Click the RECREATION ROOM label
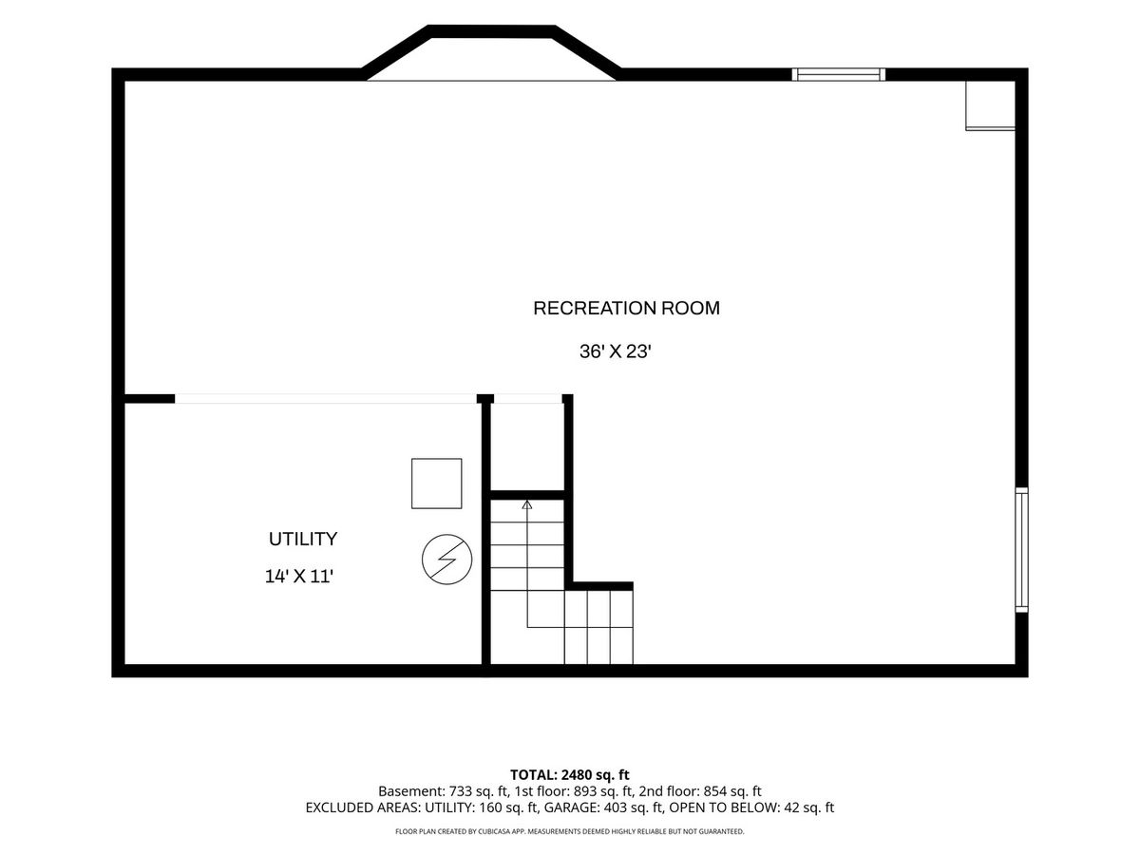click(x=626, y=308)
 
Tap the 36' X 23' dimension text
click(x=615, y=351)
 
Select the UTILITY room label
click(x=303, y=539)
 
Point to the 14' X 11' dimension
click(x=298, y=577)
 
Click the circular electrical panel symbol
click(x=446, y=560)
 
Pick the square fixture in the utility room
click(x=436, y=484)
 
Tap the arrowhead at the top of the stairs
click(x=527, y=504)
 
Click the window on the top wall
click(x=838, y=74)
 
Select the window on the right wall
click(x=1021, y=550)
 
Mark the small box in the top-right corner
click(x=990, y=105)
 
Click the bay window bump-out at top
click(x=491, y=52)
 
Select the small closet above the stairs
click(x=527, y=446)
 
